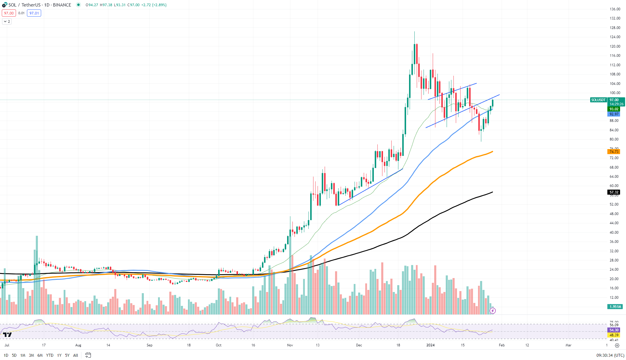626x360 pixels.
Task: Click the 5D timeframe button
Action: click(14, 355)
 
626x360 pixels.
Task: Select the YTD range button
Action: click(50, 355)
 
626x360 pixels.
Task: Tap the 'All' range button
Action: click(75, 355)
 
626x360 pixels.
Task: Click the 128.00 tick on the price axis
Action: click(615, 28)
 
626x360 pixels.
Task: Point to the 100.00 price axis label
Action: click(615, 93)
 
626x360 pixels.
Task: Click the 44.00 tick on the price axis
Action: click(614, 223)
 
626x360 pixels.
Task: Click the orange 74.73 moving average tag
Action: click(614, 152)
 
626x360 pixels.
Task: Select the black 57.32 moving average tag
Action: click(614, 192)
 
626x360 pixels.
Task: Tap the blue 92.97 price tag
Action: click(614, 114)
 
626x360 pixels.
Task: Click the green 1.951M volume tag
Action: click(615, 307)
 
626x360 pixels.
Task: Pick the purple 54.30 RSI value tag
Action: click(614, 330)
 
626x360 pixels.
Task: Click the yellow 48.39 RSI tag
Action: click(614, 335)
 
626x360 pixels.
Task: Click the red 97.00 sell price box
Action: click(9, 13)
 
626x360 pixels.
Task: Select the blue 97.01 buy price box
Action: click(34, 13)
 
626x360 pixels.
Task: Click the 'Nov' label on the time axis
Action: click(290, 345)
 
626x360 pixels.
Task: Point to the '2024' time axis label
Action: click(430, 345)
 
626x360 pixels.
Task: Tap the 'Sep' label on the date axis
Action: click(149, 345)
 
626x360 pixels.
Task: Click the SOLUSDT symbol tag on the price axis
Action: click(598, 100)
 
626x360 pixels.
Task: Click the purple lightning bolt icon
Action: click(493, 311)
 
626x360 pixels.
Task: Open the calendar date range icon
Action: click(88, 355)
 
